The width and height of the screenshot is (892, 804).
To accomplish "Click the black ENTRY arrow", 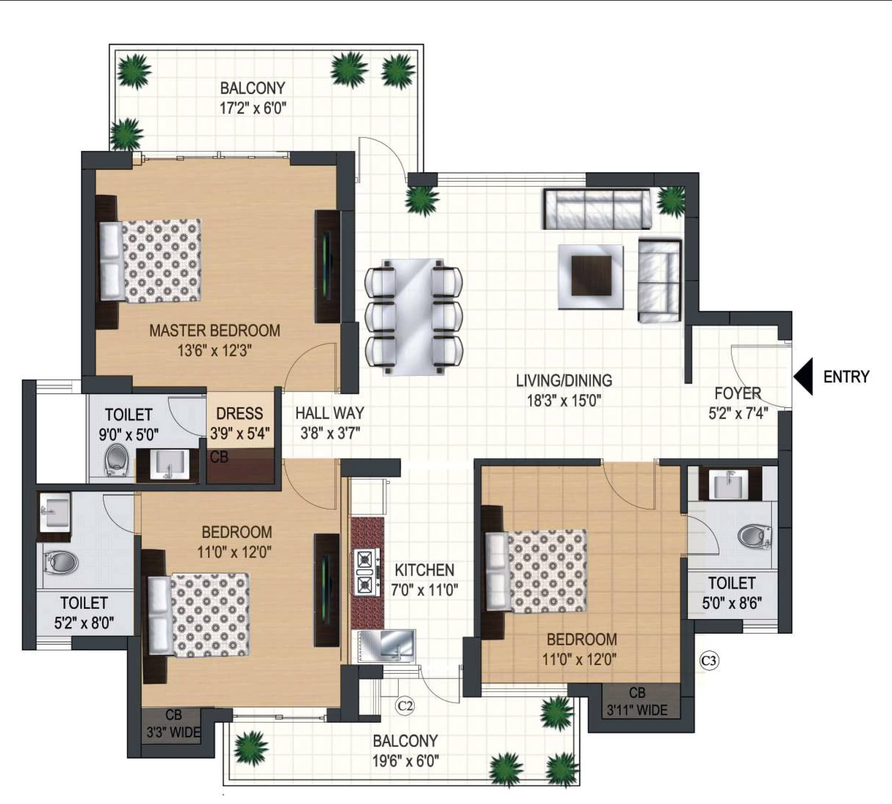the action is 803,376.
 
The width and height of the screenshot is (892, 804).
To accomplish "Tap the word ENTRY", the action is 846,377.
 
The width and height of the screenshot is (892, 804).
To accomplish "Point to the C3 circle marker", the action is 709,661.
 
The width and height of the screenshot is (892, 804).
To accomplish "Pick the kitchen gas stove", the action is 366,572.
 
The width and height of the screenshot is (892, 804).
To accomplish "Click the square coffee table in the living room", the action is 591,277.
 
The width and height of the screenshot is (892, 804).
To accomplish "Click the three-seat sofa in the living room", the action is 597,209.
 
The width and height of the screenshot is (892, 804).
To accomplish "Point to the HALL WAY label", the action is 330,413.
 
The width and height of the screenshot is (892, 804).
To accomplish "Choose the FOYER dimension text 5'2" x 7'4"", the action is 738,413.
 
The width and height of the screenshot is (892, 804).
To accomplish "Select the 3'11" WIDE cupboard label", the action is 637,710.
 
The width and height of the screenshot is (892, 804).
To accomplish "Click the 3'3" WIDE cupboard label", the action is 173,733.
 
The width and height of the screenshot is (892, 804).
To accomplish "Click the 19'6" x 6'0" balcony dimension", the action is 405,761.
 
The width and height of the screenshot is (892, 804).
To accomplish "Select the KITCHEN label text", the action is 424,570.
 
